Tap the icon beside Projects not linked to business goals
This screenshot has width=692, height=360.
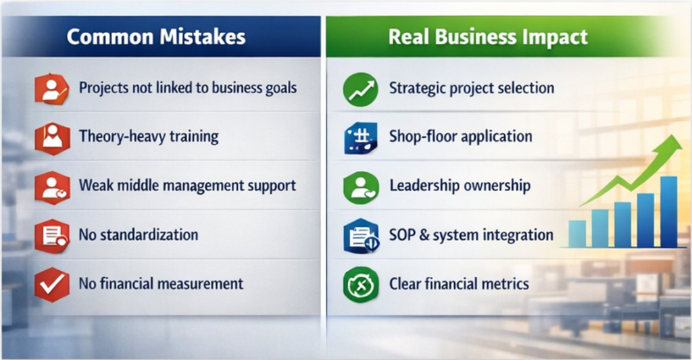52,90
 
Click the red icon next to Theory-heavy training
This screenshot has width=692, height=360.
52,138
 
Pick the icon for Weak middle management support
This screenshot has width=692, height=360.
52,187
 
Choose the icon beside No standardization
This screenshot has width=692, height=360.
52,236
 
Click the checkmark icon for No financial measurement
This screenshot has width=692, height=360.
52,284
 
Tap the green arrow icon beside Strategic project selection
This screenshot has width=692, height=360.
360,90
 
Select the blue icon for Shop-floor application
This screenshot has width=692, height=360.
360,138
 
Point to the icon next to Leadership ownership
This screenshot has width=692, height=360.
360,187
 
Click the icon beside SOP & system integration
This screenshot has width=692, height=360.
360,236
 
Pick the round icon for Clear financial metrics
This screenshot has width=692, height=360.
360,284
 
